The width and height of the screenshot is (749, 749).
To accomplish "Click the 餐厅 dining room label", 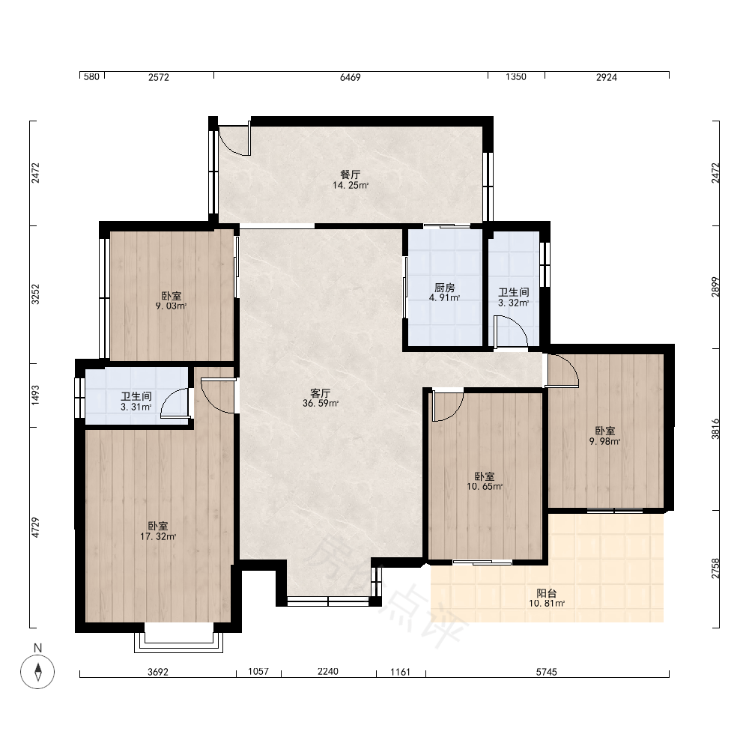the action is pyautogui.click(x=350, y=175).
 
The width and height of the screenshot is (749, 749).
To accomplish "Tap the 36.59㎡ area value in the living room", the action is pyautogui.click(x=321, y=404).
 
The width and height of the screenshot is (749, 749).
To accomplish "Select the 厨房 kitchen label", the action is pyautogui.click(x=444, y=288).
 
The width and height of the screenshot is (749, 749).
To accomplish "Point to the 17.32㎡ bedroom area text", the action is pyautogui.click(x=158, y=536).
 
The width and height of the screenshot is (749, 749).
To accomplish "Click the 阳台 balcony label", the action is pyautogui.click(x=547, y=593).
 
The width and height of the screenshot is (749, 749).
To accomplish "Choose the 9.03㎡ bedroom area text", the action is pyautogui.click(x=171, y=306).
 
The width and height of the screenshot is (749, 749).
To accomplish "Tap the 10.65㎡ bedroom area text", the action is pyautogui.click(x=485, y=487).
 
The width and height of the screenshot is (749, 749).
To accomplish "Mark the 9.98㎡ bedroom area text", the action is pyautogui.click(x=604, y=441).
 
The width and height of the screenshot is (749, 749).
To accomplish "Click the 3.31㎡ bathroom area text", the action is pyautogui.click(x=136, y=407).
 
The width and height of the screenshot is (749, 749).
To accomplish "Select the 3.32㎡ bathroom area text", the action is pyautogui.click(x=514, y=303).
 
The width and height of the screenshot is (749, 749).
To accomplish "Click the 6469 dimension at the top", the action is pyautogui.click(x=350, y=77).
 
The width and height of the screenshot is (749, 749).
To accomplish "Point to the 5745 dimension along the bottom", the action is pyautogui.click(x=547, y=672).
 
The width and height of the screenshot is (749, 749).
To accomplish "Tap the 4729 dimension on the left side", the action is pyautogui.click(x=36, y=527).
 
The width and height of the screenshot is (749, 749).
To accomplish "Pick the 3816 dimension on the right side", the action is pyautogui.click(x=715, y=428).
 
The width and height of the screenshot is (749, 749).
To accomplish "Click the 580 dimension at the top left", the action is pyautogui.click(x=91, y=77).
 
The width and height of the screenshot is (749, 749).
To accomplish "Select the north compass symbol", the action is pyautogui.click(x=37, y=672).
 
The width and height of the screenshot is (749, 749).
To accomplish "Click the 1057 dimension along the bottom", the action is pyautogui.click(x=258, y=672).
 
